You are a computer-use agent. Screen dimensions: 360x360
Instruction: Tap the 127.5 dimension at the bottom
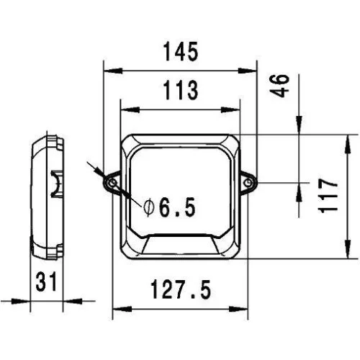click(181, 290)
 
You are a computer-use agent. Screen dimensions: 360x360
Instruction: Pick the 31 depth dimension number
click(48, 282)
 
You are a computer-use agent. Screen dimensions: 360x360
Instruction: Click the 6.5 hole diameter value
click(177, 209)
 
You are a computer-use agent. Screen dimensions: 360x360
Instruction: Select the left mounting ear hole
click(114, 184)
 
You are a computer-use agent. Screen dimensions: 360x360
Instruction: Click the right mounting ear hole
click(251, 184)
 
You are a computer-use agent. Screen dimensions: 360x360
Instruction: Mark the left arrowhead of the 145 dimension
click(107, 71)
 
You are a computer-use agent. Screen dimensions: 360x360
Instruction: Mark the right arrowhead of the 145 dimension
click(254, 71)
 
